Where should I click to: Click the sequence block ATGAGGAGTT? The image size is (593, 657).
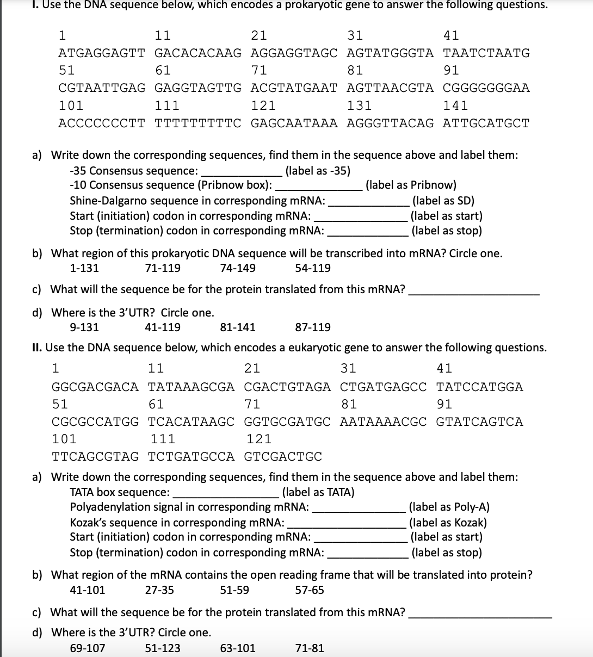(x=102, y=53)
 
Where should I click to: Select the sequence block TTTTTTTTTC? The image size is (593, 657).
(x=198, y=123)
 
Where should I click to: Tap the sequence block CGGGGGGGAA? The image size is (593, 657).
(x=486, y=88)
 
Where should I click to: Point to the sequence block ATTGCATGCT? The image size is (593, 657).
(x=486, y=123)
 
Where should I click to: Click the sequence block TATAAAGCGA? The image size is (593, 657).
(x=192, y=387)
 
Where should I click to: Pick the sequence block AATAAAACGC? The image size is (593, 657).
(x=384, y=422)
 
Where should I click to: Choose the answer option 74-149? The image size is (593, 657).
(x=238, y=268)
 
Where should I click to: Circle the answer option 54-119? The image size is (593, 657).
(x=312, y=268)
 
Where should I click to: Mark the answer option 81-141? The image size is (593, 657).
(x=238, y=327)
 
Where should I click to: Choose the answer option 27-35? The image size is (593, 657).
(x=159, y=590)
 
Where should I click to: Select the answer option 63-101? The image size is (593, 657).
(x=238, y=648)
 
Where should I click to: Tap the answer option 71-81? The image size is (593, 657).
(x=309, y=648)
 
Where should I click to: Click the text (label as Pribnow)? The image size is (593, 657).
(x=411, y=185)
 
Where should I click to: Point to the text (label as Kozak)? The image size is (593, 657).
(x=448, y=523)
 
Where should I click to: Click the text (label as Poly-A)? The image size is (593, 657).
(x=449, y=507)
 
